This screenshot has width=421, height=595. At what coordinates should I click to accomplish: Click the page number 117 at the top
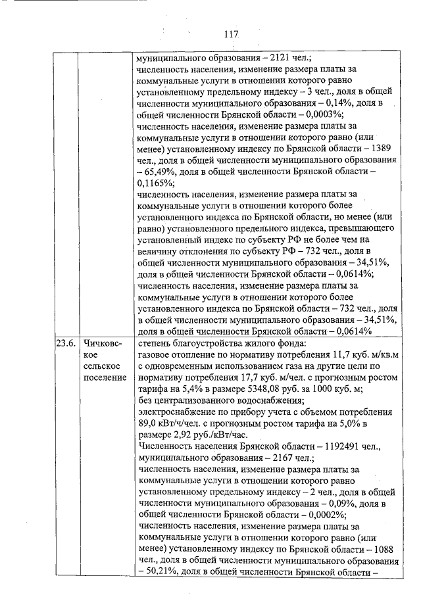pyautogui.click(x=230, y=34)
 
